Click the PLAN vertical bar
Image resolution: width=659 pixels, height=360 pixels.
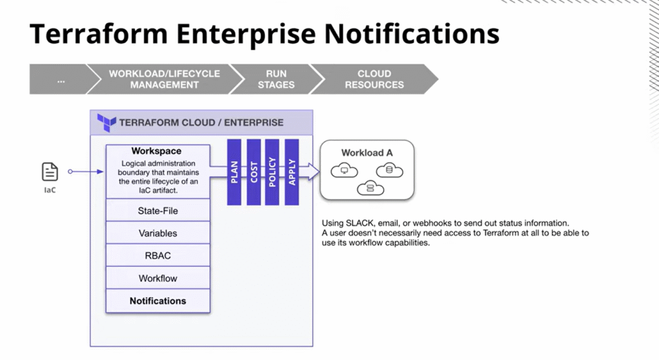[x=234, y=172]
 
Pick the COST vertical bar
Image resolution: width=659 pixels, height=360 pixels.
[x=254, y=172]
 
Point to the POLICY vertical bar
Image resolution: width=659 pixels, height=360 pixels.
[x=273, y=172]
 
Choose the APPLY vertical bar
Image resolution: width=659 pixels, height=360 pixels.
[x=292, y=172]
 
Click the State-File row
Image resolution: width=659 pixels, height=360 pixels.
[x=158, y=211]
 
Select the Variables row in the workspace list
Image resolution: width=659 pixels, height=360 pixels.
[x=158, y=233]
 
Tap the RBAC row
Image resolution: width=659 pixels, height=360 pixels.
[x=158, y=256]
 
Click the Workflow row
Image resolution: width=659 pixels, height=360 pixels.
[x=158, y=278]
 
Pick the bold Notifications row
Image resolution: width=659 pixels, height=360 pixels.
[x=158, y=301]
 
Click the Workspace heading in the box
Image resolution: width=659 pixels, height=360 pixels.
[x=156, y=151]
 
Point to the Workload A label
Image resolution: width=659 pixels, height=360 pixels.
[x=367, y=153]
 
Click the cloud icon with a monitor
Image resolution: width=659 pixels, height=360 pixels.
[x=344, y=171]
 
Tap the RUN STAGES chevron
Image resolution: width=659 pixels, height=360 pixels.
[x=276, y=79]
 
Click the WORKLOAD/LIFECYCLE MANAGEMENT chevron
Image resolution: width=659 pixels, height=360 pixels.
[x=164, y=79]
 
